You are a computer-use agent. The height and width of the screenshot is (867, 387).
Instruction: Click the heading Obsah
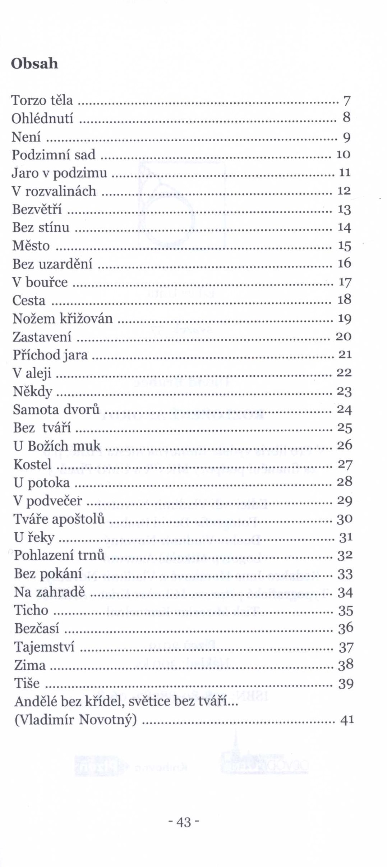[34, 63]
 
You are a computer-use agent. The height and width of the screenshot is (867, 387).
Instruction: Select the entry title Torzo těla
[42, 100]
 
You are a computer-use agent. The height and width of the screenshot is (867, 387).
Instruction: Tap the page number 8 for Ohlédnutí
[346, 117]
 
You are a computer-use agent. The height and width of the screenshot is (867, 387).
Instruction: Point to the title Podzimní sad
[54, 155]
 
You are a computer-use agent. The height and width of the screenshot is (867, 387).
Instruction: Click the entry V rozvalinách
[54, 191]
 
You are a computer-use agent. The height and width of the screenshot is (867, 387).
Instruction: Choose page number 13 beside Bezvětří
[344, 209]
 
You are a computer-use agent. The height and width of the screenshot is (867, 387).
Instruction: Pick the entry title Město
[31, 246]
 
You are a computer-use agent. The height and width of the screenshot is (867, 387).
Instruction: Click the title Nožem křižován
[63, 318]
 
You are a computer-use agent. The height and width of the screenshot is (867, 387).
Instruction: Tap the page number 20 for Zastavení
[343, 336]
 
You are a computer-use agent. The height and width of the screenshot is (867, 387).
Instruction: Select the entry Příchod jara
[50, 355]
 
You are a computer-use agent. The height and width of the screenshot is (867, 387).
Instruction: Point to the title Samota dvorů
[56, 409]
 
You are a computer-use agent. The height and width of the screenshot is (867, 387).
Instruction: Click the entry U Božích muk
[57, 446]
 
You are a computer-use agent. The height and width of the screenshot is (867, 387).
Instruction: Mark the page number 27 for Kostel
[344, 464]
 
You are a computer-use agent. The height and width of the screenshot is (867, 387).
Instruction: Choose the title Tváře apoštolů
[59, 519]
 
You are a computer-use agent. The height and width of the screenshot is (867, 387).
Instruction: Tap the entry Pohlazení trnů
[59, 555]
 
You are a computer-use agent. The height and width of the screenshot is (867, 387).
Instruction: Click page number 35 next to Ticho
[345, 610]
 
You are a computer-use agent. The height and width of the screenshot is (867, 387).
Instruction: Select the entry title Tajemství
[45, 647]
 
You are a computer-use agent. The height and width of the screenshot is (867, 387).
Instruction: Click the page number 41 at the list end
[347, 720]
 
